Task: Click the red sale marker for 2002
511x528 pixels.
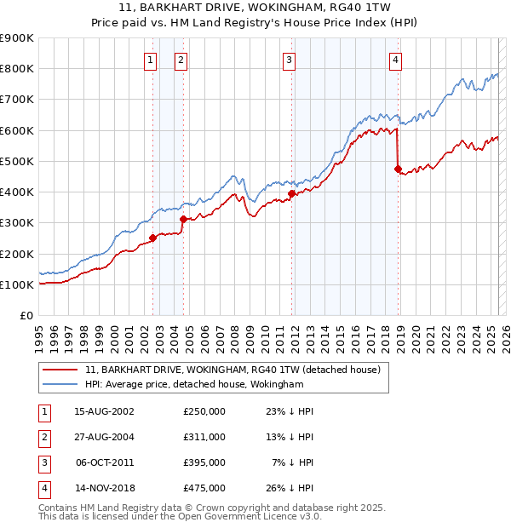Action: [153, 238]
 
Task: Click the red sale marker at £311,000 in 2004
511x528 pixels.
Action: [183, 220]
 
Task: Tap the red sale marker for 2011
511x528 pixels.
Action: [290, 193]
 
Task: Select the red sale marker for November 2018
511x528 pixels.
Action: [398, 169]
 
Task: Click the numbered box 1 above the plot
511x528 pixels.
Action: [150, 60]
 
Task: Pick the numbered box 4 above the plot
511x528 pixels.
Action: [397, 60]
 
